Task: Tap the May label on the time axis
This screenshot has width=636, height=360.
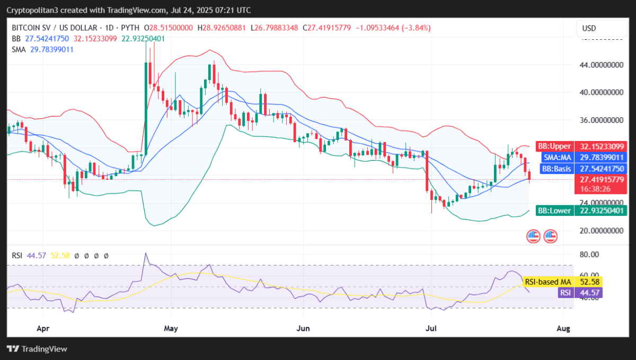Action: click(x=171, y=329)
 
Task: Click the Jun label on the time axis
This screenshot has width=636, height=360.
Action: click(x=303, y=329)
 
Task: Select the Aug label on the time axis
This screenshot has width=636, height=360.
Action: click(x=564, y=329)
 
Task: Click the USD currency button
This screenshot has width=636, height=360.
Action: click(x=589, y=28)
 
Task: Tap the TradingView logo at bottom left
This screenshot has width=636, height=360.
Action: click(x=37, y=349)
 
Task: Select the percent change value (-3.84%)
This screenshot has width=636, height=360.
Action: click(x=412, y=28)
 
